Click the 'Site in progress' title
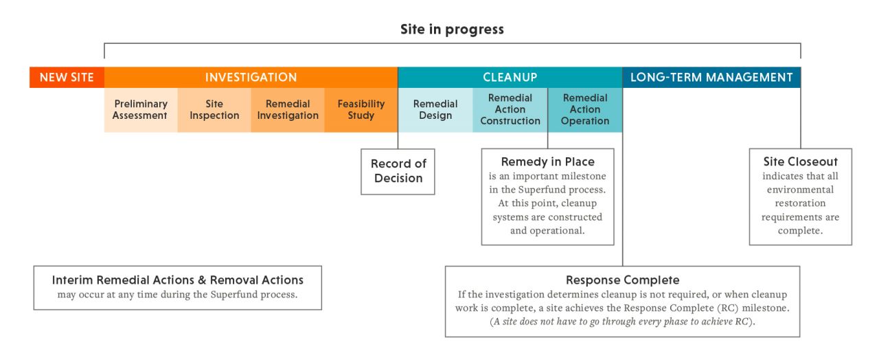tap(452, 30)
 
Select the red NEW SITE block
tap(67, 78)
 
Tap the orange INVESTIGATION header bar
tap(251, 78)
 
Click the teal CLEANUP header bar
tap(510, 78)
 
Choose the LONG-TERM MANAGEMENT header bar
tap(711, 78)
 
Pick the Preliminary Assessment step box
tap(140, 110)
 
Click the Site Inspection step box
tap(214, 110)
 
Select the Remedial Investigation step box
tap(288, 110)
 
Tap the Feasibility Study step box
tap(361, 110)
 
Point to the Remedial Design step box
tap(435, 110)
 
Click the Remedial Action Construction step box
tap(510, 110)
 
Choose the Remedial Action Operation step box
tap(585, 110)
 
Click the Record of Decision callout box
tap(398, 171)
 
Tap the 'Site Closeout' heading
tap(800, 162)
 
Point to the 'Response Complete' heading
tap(622, 280)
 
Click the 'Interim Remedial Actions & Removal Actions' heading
tap(177, 280)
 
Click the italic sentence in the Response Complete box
tap(622, 322)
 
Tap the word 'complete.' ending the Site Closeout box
tap(800, 231)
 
